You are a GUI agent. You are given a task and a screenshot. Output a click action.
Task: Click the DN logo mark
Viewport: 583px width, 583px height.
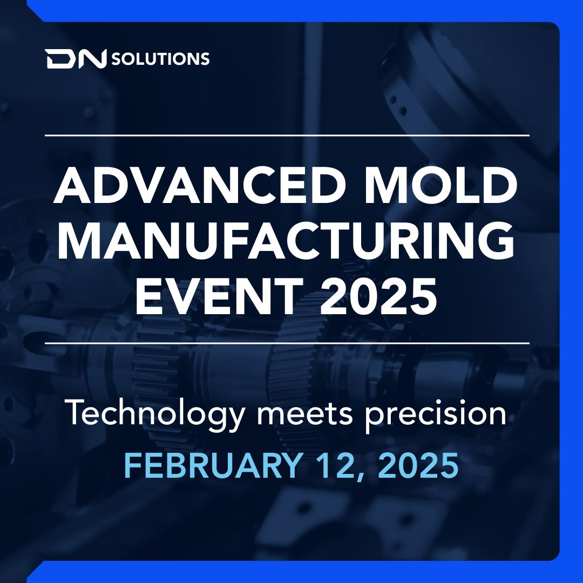(76, 59)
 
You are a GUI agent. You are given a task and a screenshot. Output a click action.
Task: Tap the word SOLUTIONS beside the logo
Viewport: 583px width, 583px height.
(160, 59)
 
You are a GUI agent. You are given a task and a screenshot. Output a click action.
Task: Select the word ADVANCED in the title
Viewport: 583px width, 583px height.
(198, 185)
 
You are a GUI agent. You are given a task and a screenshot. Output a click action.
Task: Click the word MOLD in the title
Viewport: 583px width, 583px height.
(441, 185)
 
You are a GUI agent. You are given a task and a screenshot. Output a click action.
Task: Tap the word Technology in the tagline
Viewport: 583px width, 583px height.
(156, 413)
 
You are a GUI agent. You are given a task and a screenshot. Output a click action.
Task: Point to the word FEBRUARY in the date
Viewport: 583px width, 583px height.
(212, 465)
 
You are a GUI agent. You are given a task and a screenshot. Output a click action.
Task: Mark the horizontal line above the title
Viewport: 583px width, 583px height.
(287, 135)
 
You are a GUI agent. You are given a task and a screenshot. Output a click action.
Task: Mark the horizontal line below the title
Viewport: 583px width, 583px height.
(287, 343)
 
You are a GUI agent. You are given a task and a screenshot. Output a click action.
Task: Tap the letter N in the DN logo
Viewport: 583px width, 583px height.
(92, 59)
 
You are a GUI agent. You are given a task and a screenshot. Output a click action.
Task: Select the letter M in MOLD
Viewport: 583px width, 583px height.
(387, 185)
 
